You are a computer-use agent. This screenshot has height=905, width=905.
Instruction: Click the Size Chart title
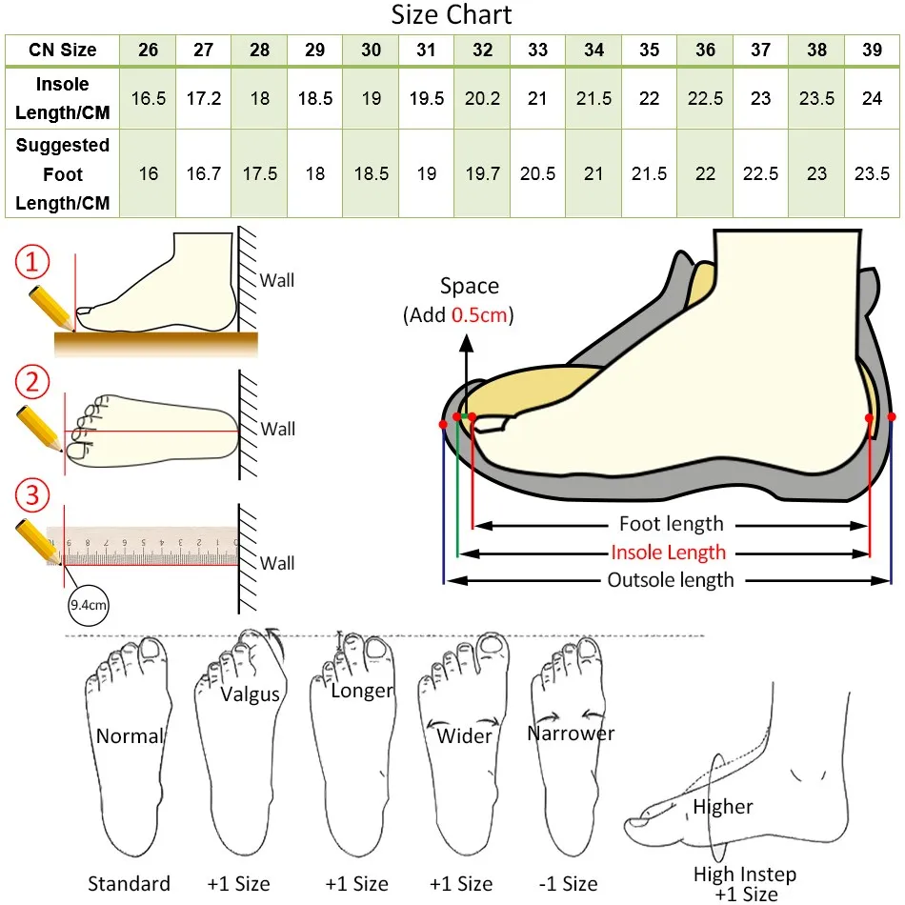pos(452,16)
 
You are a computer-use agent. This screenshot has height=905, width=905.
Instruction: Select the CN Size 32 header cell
pos(482,50)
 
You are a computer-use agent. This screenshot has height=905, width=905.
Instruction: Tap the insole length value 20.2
pos(482,99)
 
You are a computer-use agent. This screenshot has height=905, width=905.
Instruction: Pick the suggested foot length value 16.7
pos(204,174)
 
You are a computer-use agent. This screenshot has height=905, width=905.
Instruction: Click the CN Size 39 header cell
pos(872,50)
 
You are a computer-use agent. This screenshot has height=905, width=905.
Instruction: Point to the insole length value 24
pos(872,99)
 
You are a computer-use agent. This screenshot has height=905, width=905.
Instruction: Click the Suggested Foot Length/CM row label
pos(63,174)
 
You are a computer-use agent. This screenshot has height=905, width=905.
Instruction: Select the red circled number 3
pos(33,496)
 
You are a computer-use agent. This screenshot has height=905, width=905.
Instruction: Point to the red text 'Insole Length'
pos(668,553)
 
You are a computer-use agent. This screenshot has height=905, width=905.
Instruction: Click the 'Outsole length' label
pos(671,580)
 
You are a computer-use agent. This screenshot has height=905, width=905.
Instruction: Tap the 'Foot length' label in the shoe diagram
pos(671,524)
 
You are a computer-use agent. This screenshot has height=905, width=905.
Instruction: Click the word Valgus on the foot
pos(251,694)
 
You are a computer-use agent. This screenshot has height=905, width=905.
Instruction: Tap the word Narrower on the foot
pos(571,733)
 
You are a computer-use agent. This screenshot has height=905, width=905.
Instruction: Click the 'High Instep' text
pos(745,874)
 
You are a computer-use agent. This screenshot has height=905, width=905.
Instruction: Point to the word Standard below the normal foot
pos(129,883)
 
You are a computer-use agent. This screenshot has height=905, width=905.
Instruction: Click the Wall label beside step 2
pos(277,429)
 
